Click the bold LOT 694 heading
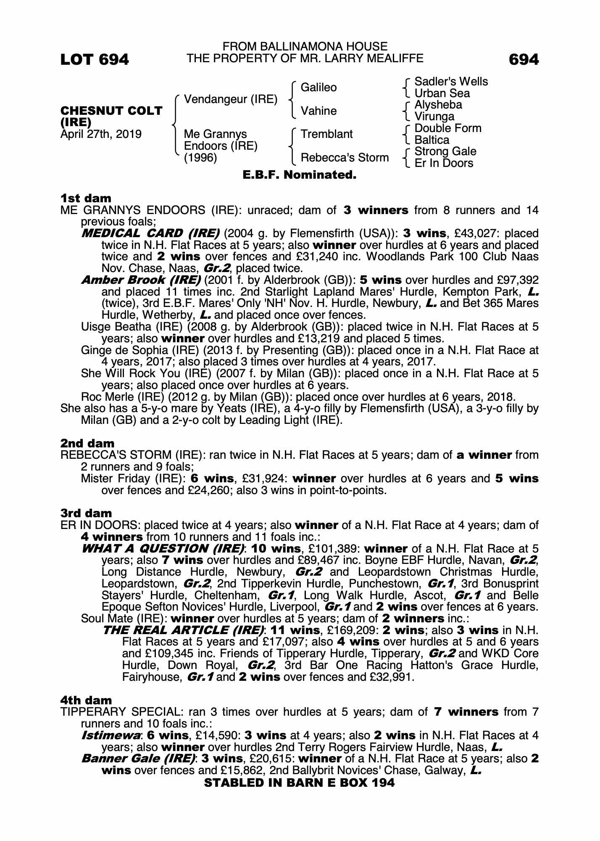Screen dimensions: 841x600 95,60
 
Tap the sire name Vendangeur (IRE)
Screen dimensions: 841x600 231,99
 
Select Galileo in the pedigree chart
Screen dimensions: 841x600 318,87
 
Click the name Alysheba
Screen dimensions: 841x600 438,105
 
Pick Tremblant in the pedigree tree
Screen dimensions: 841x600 326,134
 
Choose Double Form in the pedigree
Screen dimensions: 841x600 447,128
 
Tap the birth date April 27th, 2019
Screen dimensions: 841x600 101,134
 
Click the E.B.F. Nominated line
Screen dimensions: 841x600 300,175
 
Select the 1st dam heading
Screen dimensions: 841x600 86,198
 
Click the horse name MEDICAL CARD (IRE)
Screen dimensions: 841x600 150,233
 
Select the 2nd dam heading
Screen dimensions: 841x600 87,443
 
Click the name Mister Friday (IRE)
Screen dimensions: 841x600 133,479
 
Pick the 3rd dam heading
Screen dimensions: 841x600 86,513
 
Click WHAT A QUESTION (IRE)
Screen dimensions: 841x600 163,549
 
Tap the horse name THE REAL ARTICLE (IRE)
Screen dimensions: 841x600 184,630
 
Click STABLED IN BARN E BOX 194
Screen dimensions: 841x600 299,783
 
